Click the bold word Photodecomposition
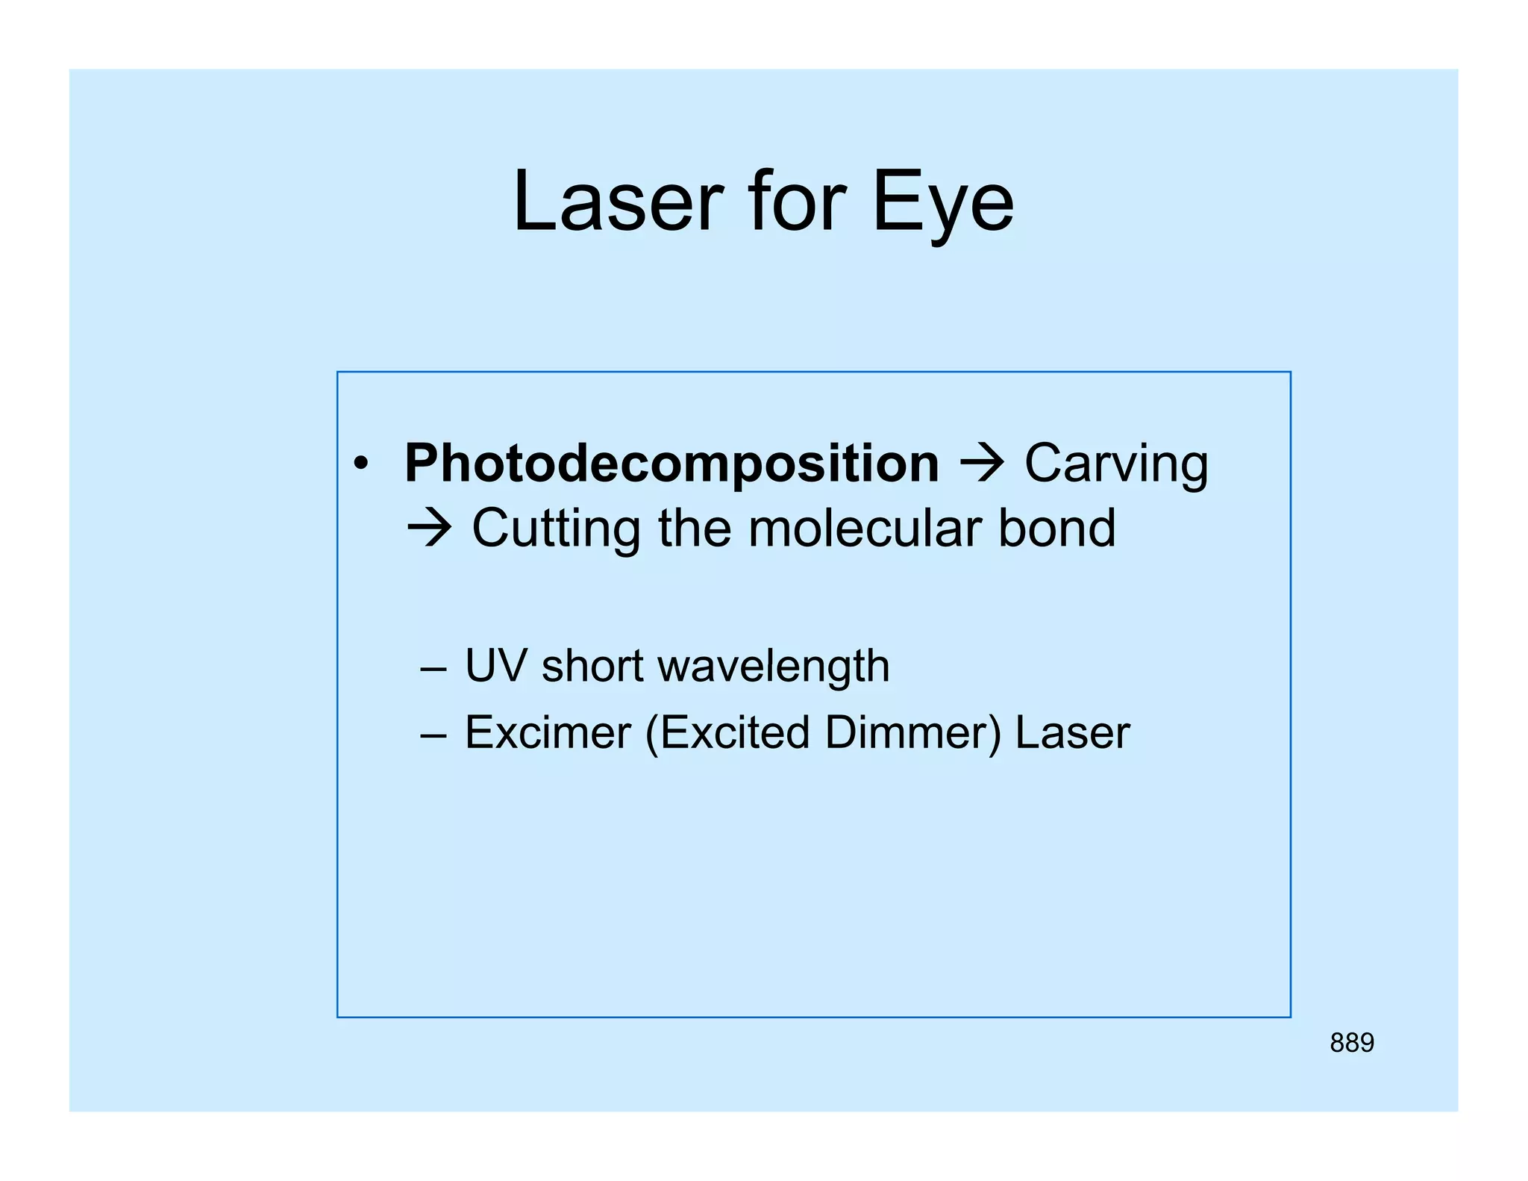[x=671, y=464]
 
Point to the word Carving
[x=1115, y=464]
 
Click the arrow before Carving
[x=982, y=464]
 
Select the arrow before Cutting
[x=429, y=529]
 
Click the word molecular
[x=864, y=529]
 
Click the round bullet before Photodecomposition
[x=361, y=464]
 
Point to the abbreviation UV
[x=495, y=665]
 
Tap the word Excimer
[x=548, y=732]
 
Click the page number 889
[x=1351, y=1042]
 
